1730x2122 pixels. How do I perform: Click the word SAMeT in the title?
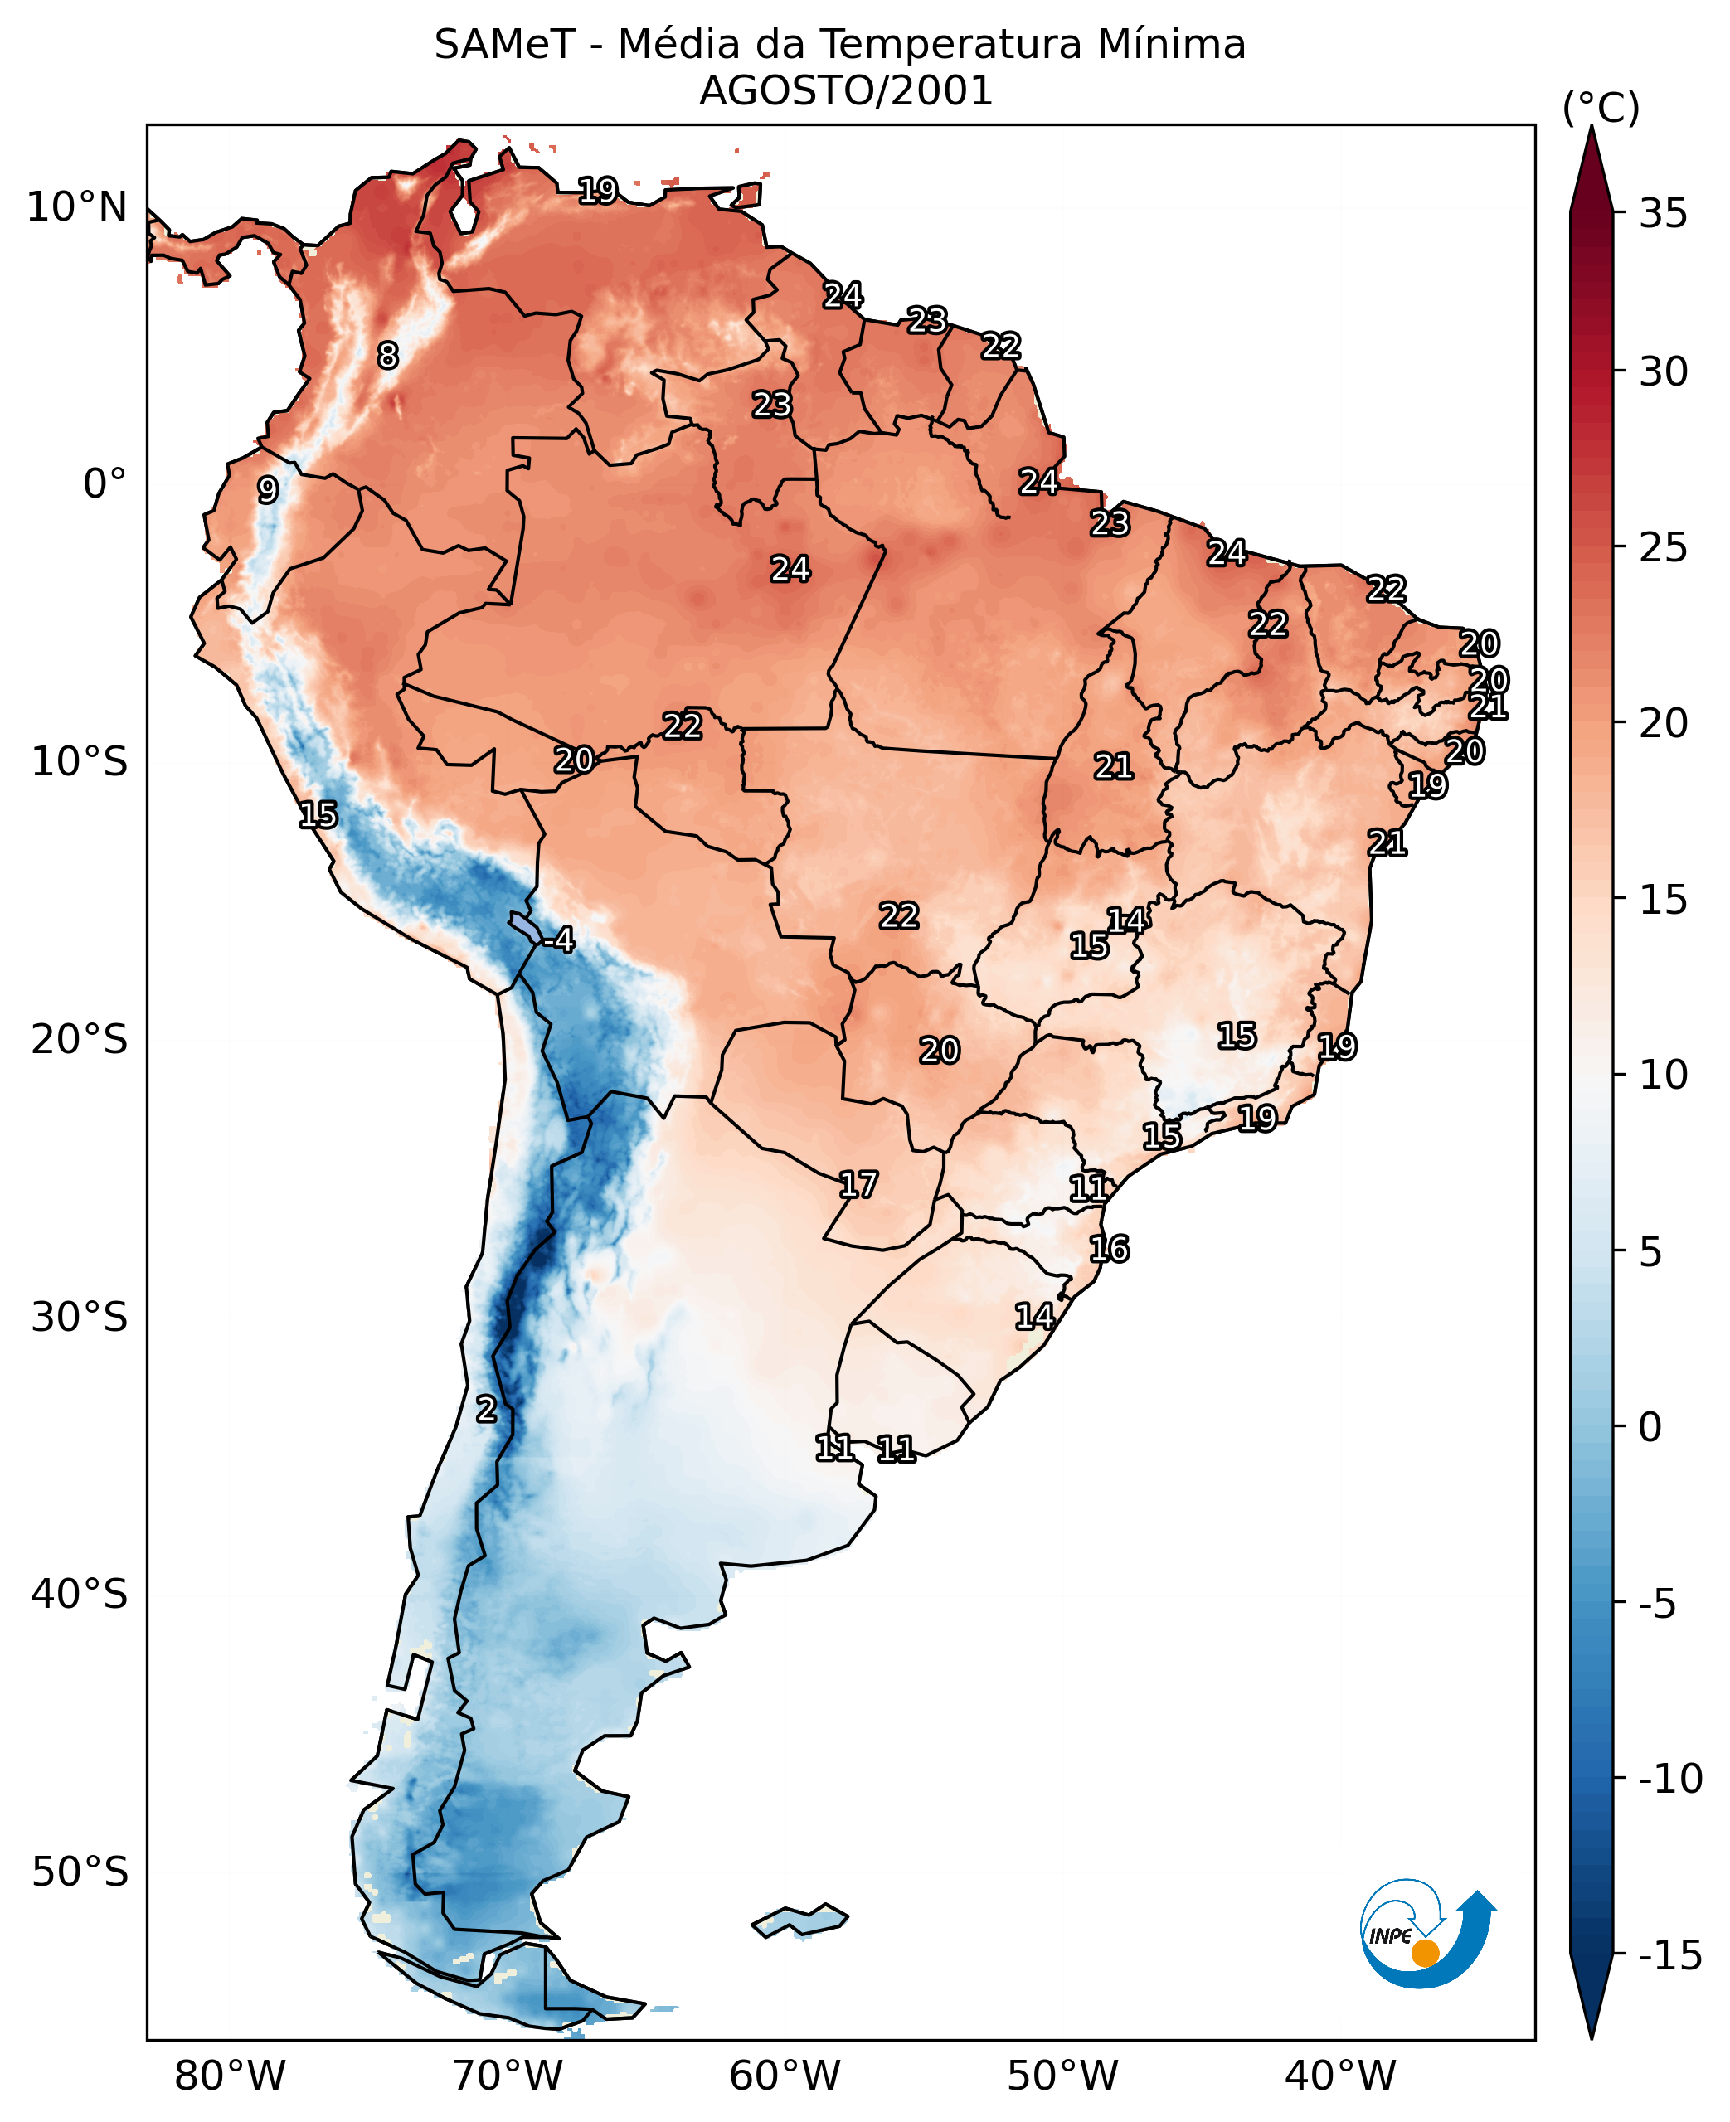(504, 45)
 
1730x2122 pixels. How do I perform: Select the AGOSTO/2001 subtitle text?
(845, 90)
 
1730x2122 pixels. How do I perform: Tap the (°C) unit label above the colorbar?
(1601, 108)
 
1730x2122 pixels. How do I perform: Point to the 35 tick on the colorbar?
(1663, 213)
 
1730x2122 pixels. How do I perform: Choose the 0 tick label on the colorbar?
(1650, 1426)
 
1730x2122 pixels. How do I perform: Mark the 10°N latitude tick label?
(77, 207)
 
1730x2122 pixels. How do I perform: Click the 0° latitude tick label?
(104, 484)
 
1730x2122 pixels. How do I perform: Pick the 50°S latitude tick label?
(80, 1871)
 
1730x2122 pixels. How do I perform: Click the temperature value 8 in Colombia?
(387, 355)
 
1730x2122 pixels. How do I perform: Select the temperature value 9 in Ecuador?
(267, 489)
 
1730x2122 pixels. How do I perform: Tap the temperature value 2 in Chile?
(485, 1409)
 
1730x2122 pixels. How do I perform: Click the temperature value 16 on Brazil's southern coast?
(1108, 1248)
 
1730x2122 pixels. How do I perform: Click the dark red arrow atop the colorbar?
(1592, 169)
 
